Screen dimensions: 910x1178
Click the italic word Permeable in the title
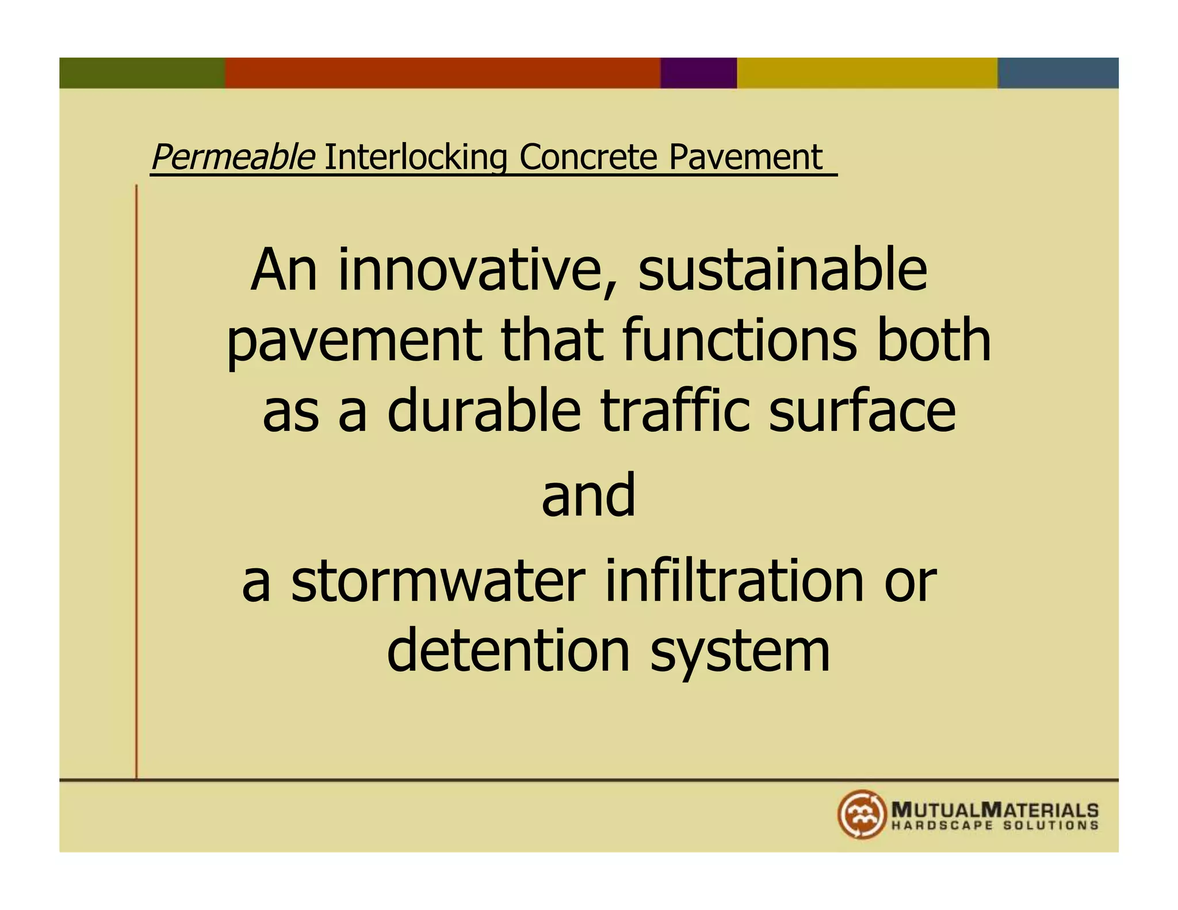(x=232, y=157)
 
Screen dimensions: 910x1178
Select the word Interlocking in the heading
(x=416, y=157)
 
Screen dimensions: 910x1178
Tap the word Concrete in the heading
(x=588, y=157)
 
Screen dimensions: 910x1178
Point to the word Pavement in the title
(x=745, y=157)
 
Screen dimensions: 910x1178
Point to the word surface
(x=862, y=411)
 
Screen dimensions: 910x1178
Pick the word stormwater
(x=438, y=582)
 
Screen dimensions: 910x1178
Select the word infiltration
(x=735, y=582)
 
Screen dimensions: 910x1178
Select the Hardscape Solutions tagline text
(x=995, y=826)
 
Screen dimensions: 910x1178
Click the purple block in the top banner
(x=698, y=73)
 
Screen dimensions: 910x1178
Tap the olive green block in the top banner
(x=142, y=73)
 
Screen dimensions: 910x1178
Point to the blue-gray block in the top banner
(x=1058, y=73)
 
